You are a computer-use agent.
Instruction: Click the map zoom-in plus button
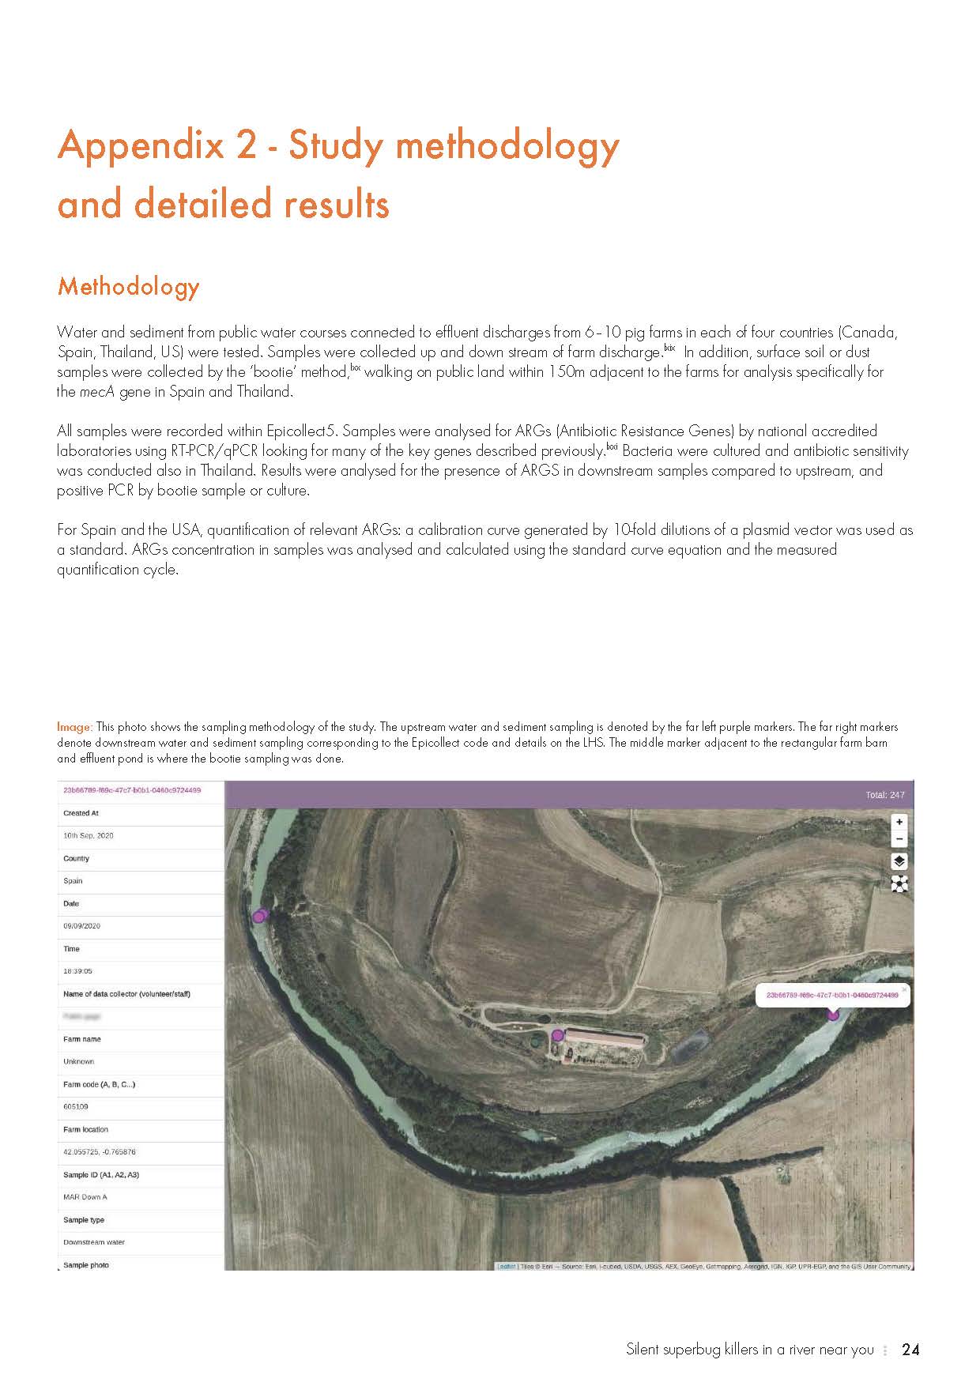899,823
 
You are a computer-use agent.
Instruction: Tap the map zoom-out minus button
899,840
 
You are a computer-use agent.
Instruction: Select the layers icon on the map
899,861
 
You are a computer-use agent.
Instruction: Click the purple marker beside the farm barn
557,1035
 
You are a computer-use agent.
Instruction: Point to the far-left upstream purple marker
258,917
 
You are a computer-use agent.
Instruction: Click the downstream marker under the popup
832,1015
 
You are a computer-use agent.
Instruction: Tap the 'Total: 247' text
885,795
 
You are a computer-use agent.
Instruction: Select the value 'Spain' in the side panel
73,881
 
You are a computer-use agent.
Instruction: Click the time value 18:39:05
79,971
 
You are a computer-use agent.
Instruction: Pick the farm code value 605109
76,1107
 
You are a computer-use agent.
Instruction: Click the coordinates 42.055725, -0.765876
99,1152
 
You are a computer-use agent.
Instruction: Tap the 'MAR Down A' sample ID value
85,1197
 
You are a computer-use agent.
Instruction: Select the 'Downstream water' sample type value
94,1242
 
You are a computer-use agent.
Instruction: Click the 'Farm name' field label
82,1039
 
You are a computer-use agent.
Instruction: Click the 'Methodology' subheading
129,286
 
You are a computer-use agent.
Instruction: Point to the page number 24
910,1350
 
